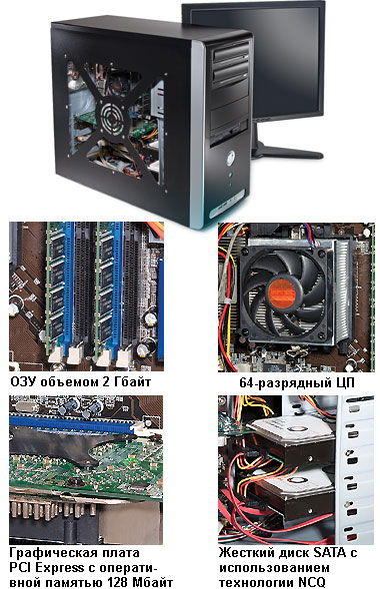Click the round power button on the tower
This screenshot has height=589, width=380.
click(230, 157)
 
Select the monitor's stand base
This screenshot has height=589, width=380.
click(287, 152)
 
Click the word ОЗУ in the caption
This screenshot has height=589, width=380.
click(24, 381)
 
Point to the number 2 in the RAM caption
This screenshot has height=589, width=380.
click(106, 381)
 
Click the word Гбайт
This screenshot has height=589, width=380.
click(133, 381)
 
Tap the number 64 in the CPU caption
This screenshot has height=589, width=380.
click(246, 382)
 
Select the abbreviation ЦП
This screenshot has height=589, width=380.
click(344, 383)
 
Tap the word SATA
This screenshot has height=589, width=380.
click(329, 553)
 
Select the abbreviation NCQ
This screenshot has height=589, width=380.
click(308, 582)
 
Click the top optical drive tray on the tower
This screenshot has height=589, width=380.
click(231, 55)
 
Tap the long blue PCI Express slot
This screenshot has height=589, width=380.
click(71, 424)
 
